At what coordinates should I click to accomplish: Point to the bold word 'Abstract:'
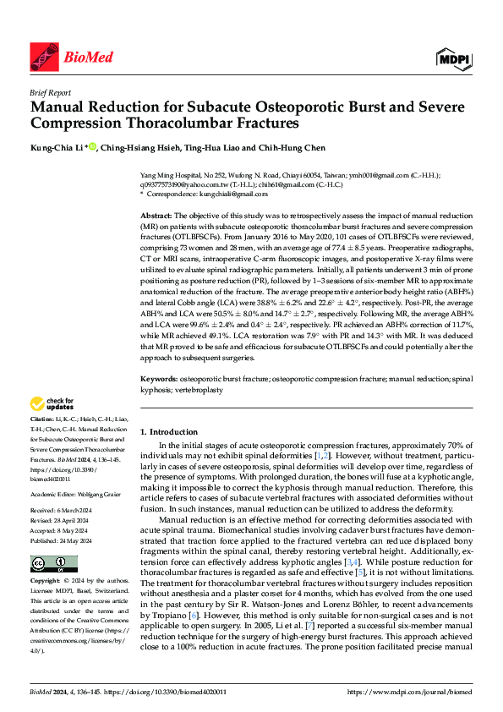157,216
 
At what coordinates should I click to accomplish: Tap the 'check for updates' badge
52,403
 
